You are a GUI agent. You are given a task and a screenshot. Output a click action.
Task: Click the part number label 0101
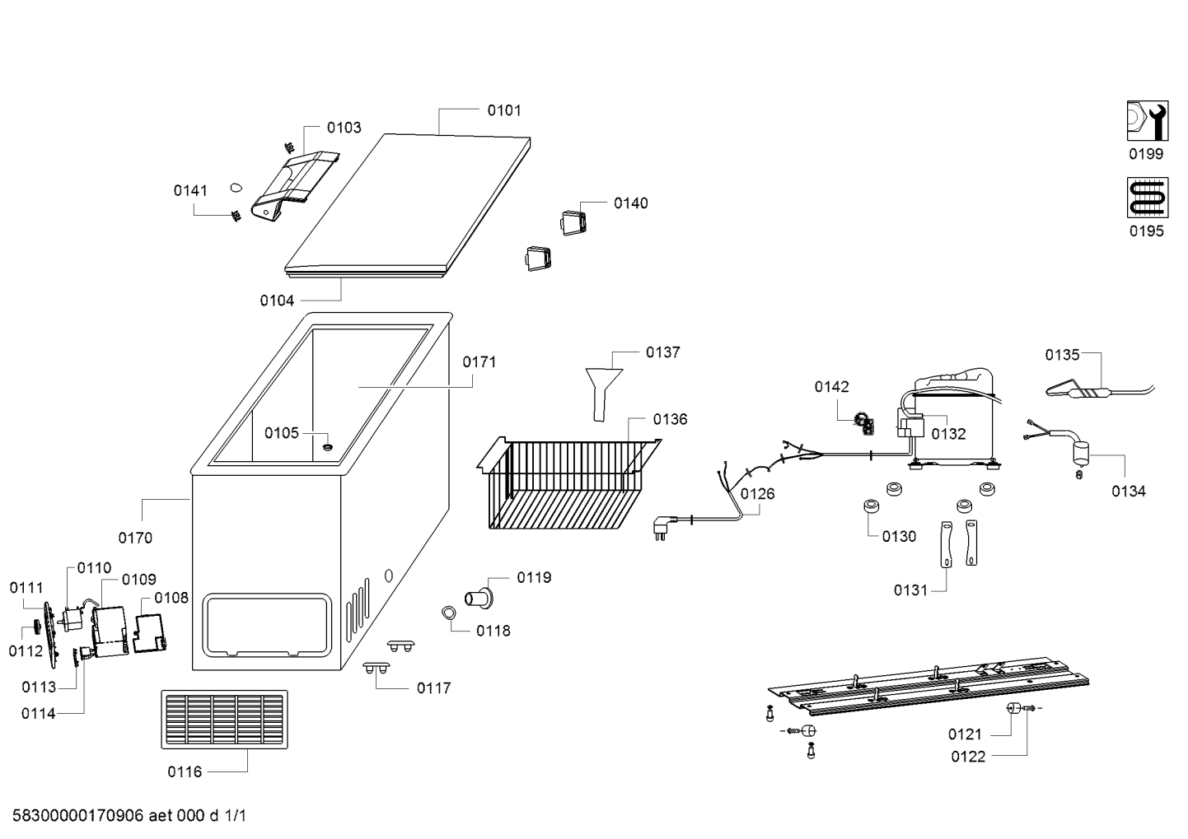[504, 111]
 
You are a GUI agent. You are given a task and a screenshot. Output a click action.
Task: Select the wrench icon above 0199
[1147, 121]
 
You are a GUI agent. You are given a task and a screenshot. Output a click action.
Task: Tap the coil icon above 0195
[1147, 198]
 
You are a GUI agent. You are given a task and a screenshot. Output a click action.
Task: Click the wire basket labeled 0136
[568, 483]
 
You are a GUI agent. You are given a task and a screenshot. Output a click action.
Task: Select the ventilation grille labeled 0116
[224, 720]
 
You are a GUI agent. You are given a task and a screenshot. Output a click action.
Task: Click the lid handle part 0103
[295, 185]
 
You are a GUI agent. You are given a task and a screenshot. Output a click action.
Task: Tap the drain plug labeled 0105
[328, 448]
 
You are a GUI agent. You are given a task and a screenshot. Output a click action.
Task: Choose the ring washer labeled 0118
[449, 613]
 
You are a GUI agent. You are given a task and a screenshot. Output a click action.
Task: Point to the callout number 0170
[135, 538]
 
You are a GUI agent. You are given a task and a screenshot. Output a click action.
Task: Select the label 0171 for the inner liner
[479, 362]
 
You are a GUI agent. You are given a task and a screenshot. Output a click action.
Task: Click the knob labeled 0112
[38, 626]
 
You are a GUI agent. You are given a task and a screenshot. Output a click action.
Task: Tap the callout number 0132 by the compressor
[948, 434]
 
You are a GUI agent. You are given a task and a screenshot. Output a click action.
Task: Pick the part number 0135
[1062, 355]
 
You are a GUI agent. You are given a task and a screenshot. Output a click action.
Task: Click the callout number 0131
[910, 590]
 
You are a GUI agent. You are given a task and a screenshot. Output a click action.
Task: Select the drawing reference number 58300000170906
[78, 816]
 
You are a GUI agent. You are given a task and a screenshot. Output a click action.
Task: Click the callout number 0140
[630, 203]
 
